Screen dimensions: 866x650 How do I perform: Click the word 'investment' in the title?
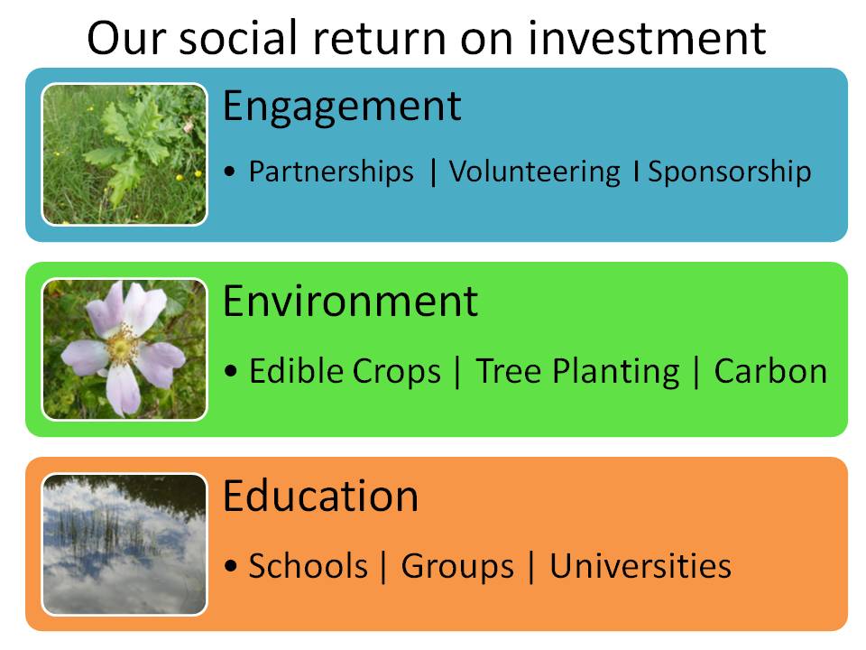[647, 38]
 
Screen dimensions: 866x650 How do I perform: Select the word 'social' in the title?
[238, 38]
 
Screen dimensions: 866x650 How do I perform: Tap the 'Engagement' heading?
[342, 107]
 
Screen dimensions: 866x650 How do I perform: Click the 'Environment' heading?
[350, 302]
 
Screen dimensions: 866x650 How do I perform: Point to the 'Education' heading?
[320, 496]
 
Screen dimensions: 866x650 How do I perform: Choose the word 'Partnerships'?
[331, 172]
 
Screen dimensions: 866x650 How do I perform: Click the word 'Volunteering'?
[535, 172]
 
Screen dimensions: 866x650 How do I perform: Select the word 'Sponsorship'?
[730, 172]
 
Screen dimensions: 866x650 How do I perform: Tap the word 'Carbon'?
[770, 371]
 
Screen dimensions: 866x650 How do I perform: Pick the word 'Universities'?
[640, 566]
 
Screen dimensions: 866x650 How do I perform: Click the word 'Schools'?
[309, 566]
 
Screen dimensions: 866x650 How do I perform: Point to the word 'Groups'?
[457, 567]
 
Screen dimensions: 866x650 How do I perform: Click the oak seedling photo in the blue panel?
[124, 154]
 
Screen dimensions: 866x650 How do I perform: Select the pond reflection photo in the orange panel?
[124, 544]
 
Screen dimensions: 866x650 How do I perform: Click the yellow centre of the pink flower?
[122, 346]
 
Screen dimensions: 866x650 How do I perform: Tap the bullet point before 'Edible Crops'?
[230, 370]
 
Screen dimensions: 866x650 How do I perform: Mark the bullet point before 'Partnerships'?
[230, 172]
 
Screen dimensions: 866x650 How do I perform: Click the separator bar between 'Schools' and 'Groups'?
[383, 566]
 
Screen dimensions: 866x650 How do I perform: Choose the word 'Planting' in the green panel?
[616, 371]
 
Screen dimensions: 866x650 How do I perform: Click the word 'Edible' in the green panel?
[297, 370]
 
